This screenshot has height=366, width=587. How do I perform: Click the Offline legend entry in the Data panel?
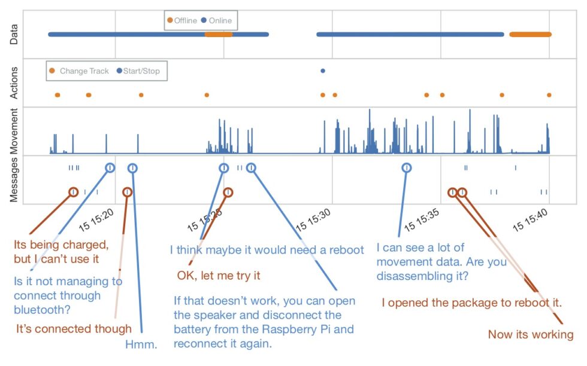pyautogui.click(x=182, y=20)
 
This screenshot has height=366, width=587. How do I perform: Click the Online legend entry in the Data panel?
pyautogui.click(x=217, y=20)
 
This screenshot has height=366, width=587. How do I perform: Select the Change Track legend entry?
pyautogui.click(x=79, y=71)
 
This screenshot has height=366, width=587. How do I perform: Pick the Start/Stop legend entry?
pyautogui.click(x=138, y=71)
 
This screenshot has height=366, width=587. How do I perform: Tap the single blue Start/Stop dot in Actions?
pyautogui.click(x=323, y=71)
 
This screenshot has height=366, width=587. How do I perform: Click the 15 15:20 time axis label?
pyautogui.click(x=96, y=220)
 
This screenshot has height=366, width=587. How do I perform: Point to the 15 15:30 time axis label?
pyautogui.click(x=313, y=220)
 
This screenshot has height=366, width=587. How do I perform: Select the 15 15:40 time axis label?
pyautogui.click(x=530, y=220)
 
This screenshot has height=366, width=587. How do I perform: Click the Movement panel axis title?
pyautogui.click(x=14, y=131)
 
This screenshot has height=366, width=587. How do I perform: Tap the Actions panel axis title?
pyautogui.click(x=14, y=83)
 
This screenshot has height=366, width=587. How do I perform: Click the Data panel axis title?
pyautogui.click(x=14, y=35)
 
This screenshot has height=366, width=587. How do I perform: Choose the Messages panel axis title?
pyautogui.click(x=14, y=180)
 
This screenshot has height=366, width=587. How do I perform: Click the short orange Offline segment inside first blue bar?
pyautogui.click(x=219, y=35)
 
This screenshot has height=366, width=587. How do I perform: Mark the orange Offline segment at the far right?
pyautogui.click(x=531, y=35)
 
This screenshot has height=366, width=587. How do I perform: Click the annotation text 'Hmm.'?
pyautogui.click(x=141, y=344)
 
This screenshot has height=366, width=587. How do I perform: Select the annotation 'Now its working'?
pyautogui.click(x=531, y=334)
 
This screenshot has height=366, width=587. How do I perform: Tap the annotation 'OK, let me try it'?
pyautogui.click(x=219, y=276)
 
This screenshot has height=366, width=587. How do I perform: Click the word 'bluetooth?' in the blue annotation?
pyautogui.click(x=42, y=310)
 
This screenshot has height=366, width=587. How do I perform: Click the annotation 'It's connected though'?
pyautogui.click(x=74, y=328)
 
